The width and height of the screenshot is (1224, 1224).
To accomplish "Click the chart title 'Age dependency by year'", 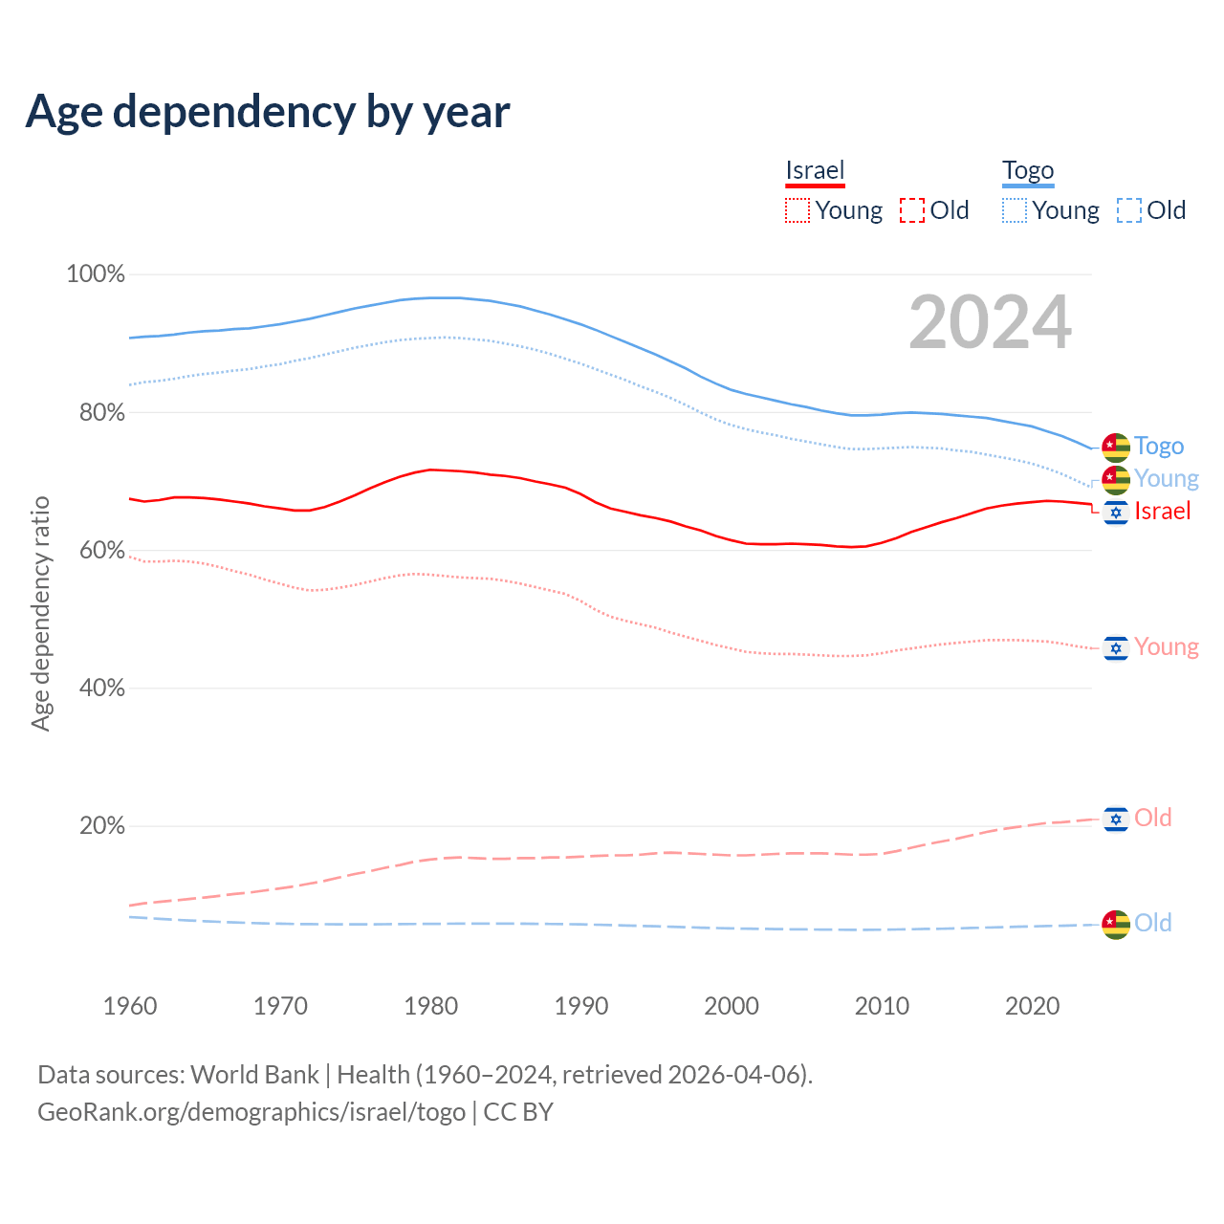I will [268, 112].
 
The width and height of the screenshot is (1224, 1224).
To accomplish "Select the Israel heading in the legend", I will [815, 170].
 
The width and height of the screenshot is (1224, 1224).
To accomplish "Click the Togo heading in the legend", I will [1028, 170].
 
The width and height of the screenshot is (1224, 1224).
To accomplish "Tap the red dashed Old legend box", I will [912, 210].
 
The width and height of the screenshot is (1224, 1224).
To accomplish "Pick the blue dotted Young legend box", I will [1015, 210].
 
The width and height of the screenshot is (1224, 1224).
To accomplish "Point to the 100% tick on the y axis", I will [96, 274].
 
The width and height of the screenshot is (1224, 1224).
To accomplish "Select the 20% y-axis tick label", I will [101, 826].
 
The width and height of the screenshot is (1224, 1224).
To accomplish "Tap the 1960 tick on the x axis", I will [130, 1006].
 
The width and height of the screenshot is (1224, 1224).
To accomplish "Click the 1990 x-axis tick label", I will [581, 1006].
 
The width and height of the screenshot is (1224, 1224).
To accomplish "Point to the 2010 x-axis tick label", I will [882, 1006].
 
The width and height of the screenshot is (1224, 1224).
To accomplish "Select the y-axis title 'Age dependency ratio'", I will [40, 613].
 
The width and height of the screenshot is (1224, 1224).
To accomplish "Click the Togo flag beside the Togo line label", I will [1116, 447].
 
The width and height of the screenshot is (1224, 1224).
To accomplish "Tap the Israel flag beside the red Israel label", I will [1116, 513].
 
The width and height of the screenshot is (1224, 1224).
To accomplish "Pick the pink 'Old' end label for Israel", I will [1153, 819].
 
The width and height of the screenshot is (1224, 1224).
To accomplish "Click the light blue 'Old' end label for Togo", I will [1153, 924].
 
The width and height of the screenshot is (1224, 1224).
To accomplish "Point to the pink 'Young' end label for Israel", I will [1167, 647].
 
